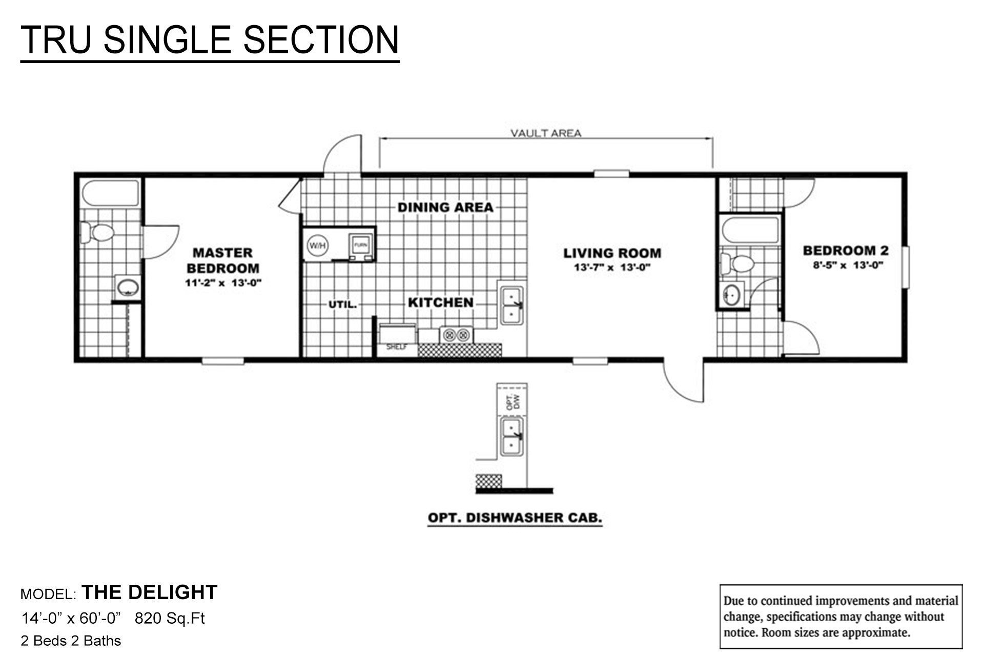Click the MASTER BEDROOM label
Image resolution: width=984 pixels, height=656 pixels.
point(222,260)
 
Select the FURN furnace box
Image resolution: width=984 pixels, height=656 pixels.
point(359,245)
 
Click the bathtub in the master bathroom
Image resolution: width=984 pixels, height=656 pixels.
point(111,193)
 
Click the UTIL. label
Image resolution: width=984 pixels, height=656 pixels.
point(342,304)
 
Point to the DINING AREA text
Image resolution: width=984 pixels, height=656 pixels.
point(445,208)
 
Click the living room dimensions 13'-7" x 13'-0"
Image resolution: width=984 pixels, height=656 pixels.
point(612,268)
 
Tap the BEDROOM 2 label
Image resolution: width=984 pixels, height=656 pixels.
point(846,251)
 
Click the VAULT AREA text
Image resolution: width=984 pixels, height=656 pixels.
point(546,134)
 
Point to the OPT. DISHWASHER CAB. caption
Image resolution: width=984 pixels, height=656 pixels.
point(515,518)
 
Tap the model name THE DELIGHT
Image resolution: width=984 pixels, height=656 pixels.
point(150,592)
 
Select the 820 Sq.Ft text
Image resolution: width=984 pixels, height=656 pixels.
point(170,619)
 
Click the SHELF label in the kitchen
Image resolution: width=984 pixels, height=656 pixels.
point(396,347)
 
